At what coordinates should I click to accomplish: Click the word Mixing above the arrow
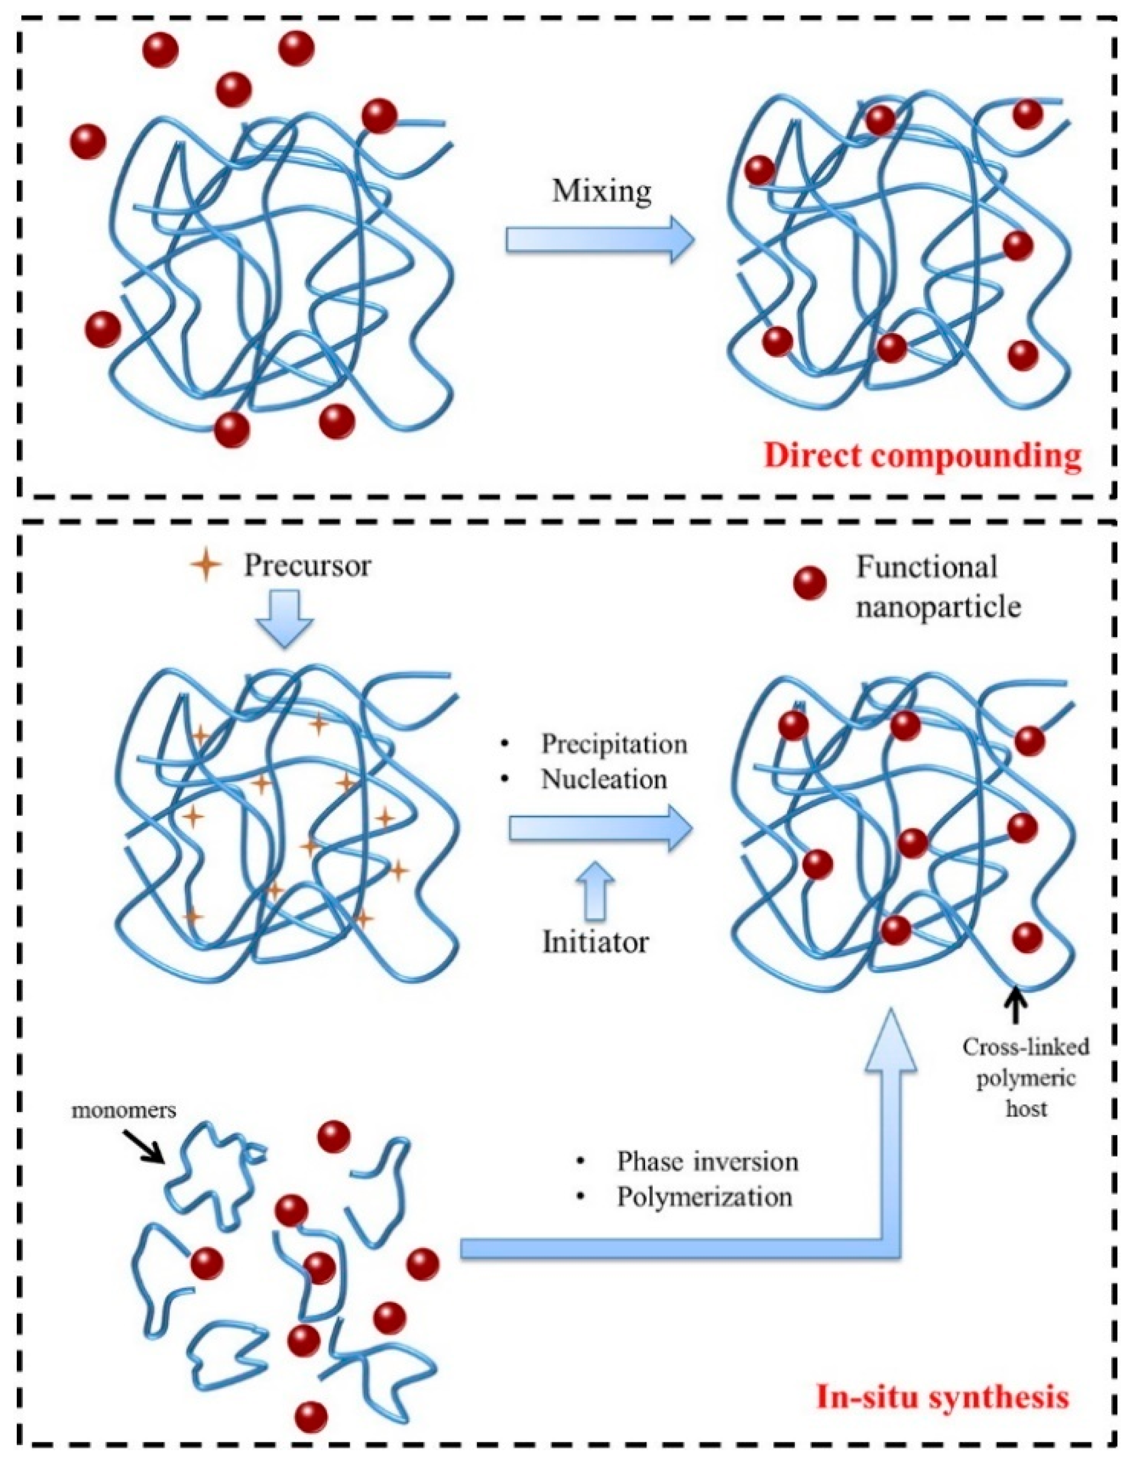pos(601,192)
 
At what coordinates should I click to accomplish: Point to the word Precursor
pos(307,565)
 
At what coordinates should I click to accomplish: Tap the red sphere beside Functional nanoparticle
pos(810,584)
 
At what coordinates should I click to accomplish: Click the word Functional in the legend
pos(927,568)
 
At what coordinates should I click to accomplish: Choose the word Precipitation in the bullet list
pos(614,744)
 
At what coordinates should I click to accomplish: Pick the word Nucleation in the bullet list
pos(604,779)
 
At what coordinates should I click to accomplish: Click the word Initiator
pos(596,942)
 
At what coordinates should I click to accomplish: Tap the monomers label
pos(124,1110)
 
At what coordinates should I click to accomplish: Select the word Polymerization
pos(704,1197)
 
